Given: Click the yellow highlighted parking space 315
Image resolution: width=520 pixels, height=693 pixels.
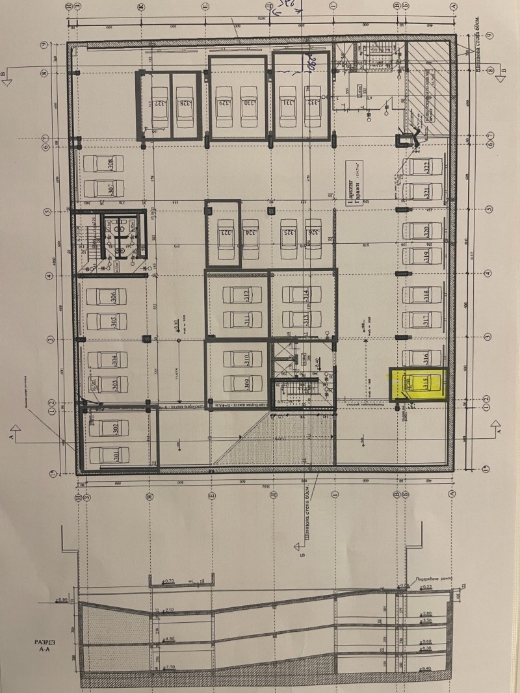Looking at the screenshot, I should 419,385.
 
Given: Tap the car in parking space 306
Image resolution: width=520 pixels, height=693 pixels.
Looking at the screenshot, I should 103,297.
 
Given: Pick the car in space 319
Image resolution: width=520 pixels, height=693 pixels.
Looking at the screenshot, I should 417,255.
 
